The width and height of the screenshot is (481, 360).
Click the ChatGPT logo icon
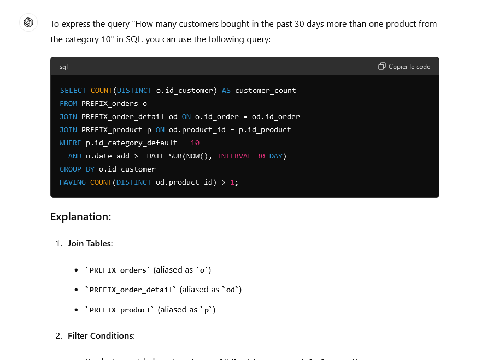coord(28,22)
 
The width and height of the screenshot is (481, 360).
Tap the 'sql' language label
coord(64,67)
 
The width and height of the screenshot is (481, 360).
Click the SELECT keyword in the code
coord(73,91)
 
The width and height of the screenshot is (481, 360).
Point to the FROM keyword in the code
coord(68,104)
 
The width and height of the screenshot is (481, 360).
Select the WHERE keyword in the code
coord(71,143)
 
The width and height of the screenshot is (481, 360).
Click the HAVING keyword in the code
coord(73,182)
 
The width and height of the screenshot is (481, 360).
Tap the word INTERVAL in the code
coord(234,156)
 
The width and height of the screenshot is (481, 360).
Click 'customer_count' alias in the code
coord(265,91)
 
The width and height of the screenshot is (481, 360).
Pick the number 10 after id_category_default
coord(195,143)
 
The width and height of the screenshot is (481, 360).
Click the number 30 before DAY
coord(261,156)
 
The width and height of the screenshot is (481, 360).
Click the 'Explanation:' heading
coord(80,216)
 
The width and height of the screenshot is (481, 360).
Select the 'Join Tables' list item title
coord(90,243)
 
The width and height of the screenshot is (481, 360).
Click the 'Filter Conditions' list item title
coord(101,335)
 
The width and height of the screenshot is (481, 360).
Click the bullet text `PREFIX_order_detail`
coord(130,290)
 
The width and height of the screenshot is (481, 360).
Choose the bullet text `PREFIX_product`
coord(119,310)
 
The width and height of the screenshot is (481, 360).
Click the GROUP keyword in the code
coord(71,169)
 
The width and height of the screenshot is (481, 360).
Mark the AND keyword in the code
coord(75,156)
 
